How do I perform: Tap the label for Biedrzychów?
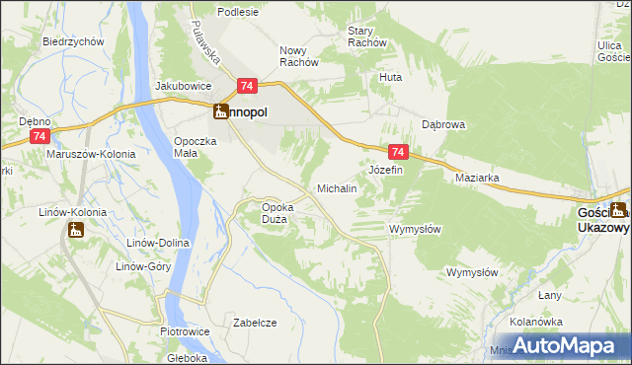click(x=74, y=42)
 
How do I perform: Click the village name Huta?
click(x=391, y=76)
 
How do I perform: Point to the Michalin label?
click(x=336, y=187)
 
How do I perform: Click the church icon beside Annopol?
click(x=220, y=112)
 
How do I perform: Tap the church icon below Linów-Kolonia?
click(x=75, y=231)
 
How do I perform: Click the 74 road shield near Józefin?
click(x=397, y=152)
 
